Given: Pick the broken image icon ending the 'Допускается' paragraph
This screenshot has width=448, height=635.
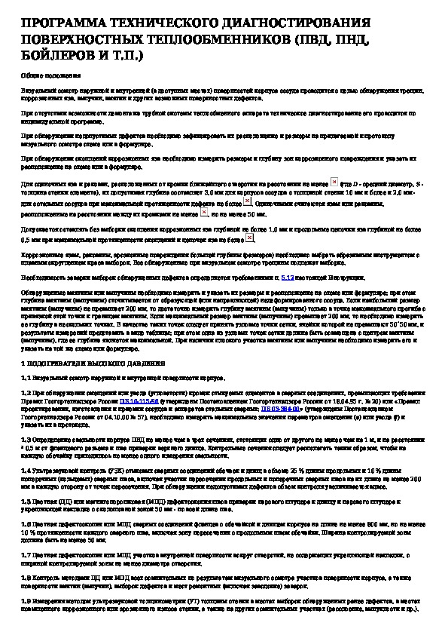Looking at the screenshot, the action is tap(251, 238).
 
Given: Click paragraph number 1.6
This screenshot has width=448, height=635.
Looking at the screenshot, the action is tap(26, 520).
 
